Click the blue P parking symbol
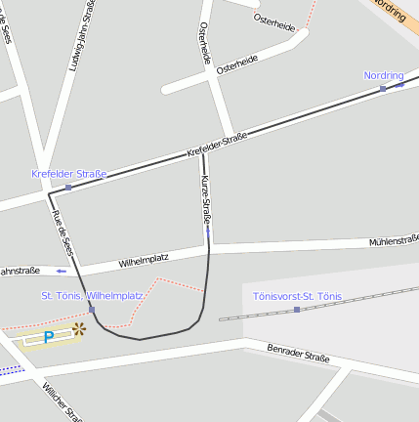click(x=48, y=337)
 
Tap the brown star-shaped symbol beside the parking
click(x=78, y=330)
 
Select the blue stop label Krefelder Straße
click(x=68, y=174)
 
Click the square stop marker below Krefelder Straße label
click(x=68, y=187)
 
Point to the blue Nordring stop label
click(x=383, y=75)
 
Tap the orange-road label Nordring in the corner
click(x=389, y=11)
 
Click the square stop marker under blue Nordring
click(x=383, y=89)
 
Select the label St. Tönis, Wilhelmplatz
click(x=92, y=295)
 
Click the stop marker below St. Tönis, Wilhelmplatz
click(x=92, y=310)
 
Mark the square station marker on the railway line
click(x=297, y=310)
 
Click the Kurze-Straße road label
click(x=206, y=200)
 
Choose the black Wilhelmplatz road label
click(x=144, y=261)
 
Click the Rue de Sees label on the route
click(x=62, y=232)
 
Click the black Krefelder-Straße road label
click(x=217, y=146)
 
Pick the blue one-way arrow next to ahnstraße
click(x=62, y=271)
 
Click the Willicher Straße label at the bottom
click(x=59, y=401)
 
